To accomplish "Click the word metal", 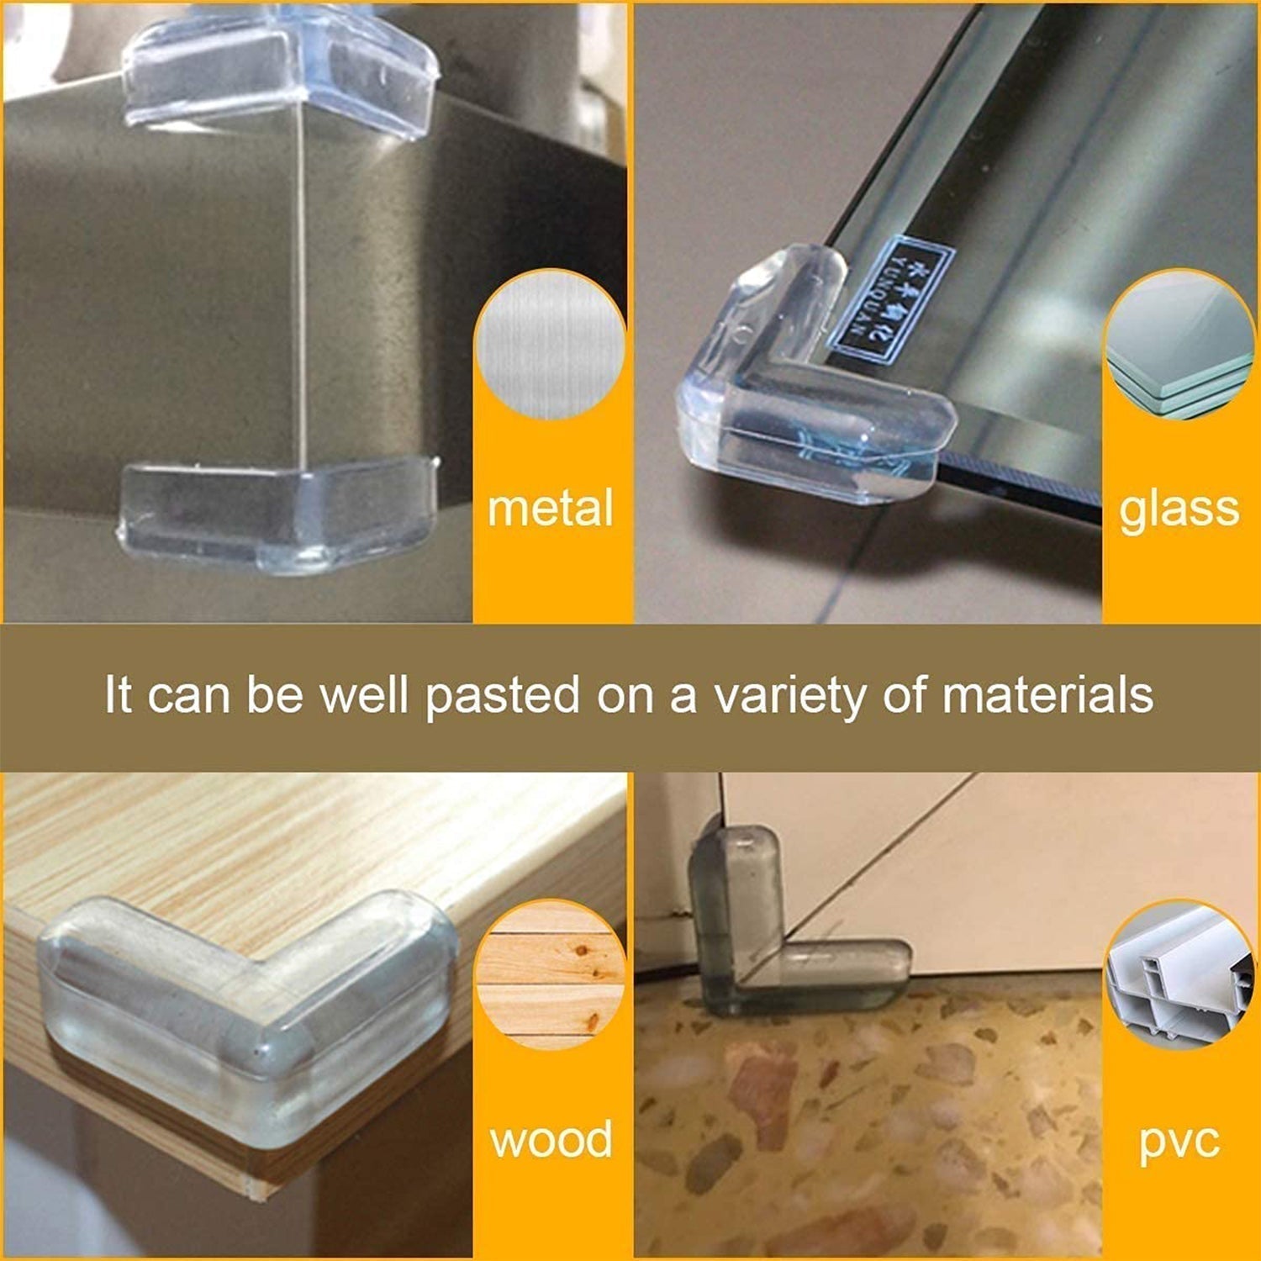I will (x=551, y=509).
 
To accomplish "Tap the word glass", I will (x=1179, y=509).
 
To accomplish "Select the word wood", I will (x=551, y=1140).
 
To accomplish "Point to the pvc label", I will (x=1179, y=1142).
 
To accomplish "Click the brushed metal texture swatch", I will (x=551, y=345).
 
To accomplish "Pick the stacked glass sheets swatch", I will (x=1179, y=345).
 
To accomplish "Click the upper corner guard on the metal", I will (x=282, y=71).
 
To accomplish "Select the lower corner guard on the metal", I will (x=277, y=513).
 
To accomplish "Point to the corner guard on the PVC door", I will (x=773, y=933).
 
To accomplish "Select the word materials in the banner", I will (x=1047, y=696).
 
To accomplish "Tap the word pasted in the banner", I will (x=503, y=696).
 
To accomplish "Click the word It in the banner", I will (x=118, y=696).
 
